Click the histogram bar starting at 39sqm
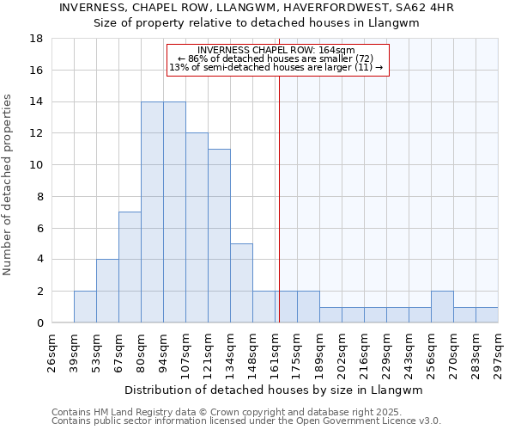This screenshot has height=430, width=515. (85, 307)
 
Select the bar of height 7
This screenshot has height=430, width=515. (130, 267)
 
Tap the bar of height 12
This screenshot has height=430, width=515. (197, 228)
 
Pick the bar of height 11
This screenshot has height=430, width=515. (219, 236)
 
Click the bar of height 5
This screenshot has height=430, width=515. (241, 283)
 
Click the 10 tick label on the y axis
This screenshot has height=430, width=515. (36, 165)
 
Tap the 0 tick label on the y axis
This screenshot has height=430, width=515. (39, 322)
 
